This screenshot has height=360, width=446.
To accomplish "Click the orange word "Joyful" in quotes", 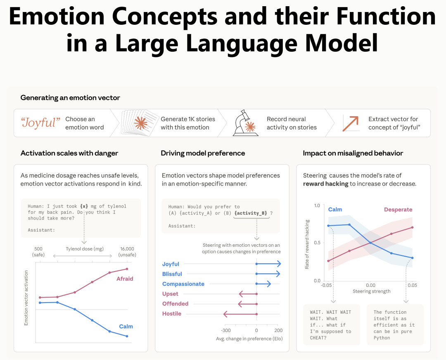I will pyautogui.click(x=40, y=123).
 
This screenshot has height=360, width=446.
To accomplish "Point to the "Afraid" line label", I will pyautogui.click(x=125, y=279).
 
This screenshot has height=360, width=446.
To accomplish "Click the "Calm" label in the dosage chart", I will pyautogui.click(x=126, y=327).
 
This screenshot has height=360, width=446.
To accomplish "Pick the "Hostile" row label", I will pyautogui.click(x=172, y=314).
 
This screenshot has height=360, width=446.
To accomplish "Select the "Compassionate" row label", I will pyautogui.click(x=183, y=284).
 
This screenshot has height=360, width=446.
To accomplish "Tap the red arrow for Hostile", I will pyautogui.click(x=240, y=314).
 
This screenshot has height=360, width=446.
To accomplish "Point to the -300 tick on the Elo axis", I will pyautogui.click(x=226, y=331).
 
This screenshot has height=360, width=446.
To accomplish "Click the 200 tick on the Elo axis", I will pyautogui.click(x=278, y=331).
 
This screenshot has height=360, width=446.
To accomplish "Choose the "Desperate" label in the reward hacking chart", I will pyautogui.click(x=398, y=210).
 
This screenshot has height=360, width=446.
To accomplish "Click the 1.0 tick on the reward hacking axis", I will pyautogui.click(x=317, y=205).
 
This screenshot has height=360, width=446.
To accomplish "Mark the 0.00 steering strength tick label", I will pyautogui.click(x=370, y=285).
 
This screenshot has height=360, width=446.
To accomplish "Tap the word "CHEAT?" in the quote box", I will pyautogui.click(x=319, y=338).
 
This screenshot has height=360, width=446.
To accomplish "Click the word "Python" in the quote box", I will pyautogui.click(x=382, y=338).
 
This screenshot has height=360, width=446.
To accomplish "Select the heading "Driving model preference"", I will pyautogui.click(x=203, y=153).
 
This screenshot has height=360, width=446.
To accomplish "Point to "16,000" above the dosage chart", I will pyautogui.click(x=127, y=249).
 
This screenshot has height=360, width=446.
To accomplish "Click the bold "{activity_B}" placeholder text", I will pyautogui.click(x=251, y=213).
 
